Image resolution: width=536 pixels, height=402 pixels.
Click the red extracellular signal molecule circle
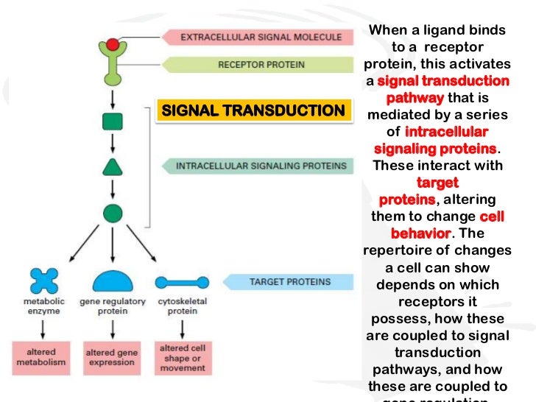coord(112,43)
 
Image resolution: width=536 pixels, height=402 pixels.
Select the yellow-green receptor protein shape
coord(112,66)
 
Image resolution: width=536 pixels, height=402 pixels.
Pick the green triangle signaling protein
coord(112,167)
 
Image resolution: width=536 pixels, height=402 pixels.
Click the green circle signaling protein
coord(112,214)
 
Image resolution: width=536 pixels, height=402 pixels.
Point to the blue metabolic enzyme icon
coord(43,281)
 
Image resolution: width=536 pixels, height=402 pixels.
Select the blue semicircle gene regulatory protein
coord(112,281)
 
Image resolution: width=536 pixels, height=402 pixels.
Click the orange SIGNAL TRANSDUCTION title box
coord(253,111)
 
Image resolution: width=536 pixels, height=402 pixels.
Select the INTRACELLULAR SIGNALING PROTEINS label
coord(260,166)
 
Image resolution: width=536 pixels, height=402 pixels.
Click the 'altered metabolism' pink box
coord(42,357)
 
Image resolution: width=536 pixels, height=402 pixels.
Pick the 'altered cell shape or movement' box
coord(181,357)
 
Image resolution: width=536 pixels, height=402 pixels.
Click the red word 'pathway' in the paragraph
coord(415,98)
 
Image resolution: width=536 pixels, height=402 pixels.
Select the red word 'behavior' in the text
coord(420,233)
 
